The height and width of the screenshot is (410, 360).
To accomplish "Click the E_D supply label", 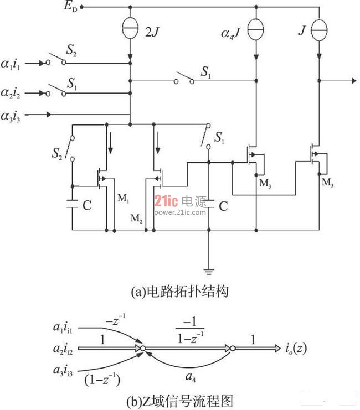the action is coord(70,6).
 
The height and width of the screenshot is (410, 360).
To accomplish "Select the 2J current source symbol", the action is coord(130,28).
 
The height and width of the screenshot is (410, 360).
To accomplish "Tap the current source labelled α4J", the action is coord(256,29).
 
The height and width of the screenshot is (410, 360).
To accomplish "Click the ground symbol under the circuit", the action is coord(209,272).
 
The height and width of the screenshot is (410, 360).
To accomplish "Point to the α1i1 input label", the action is coord(11,64).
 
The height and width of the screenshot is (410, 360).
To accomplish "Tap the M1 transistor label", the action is coord(123,198).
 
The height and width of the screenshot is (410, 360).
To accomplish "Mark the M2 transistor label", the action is coord(136,218).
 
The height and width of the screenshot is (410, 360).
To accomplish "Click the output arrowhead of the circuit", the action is coord(354,81).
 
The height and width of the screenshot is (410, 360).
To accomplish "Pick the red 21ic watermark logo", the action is coord(166,201).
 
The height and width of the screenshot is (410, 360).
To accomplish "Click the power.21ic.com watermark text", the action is coord(180,212).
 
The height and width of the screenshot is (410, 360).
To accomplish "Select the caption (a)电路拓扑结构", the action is coord(180,291).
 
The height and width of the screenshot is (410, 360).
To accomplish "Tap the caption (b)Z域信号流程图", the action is coord(180,401).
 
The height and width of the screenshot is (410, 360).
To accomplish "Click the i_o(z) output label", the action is coord(296,348).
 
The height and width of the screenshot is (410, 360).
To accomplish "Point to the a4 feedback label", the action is coord(191,377).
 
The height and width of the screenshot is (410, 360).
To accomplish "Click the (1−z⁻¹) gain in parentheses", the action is coord(102,379).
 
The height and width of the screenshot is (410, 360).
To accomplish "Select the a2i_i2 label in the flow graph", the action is coord(63,349).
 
